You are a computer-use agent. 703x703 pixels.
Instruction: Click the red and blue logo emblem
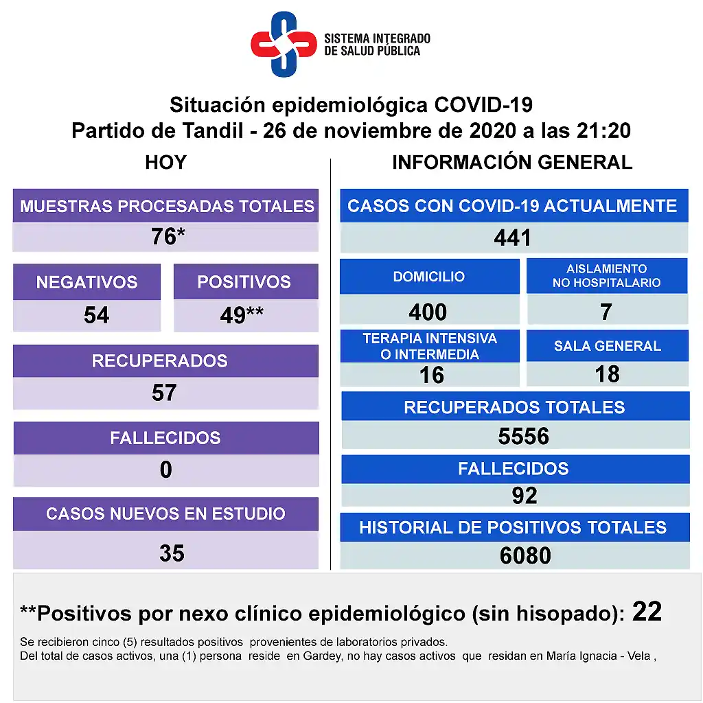click(283, 44)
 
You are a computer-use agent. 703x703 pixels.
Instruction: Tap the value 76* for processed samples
click(168, 237)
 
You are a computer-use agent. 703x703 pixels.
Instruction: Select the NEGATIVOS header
click(87, 282)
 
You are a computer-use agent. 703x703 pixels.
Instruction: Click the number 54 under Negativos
click(96, 315)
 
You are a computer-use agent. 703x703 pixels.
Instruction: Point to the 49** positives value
click(242, 315)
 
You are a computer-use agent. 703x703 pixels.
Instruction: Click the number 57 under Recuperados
click(164, 393)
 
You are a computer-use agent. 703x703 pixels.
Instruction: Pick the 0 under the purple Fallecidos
click(165, 470)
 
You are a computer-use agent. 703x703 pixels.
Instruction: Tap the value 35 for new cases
click(172, 553)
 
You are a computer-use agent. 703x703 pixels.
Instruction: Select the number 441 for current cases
click(512, 238)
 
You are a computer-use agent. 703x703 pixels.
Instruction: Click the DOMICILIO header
click(429, 277)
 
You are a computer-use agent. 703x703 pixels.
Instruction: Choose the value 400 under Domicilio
click(428, 312)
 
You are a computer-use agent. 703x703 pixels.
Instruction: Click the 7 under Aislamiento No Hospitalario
click(606, 312)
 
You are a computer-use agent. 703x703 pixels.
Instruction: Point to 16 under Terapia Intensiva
click(432, 375)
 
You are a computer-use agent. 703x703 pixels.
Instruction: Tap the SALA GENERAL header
click(608, 346)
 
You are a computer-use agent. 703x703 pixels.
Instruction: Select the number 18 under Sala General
click(608, 374)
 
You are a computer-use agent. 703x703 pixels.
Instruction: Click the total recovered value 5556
click(523, 436)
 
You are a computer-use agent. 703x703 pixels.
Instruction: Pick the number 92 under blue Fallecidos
click(525, 495)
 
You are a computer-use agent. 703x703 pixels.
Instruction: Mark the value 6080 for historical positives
click(525, 555)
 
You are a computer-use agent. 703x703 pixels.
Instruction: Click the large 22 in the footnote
click(647, 611)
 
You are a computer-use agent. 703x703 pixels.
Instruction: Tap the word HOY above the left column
click(165, 163)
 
